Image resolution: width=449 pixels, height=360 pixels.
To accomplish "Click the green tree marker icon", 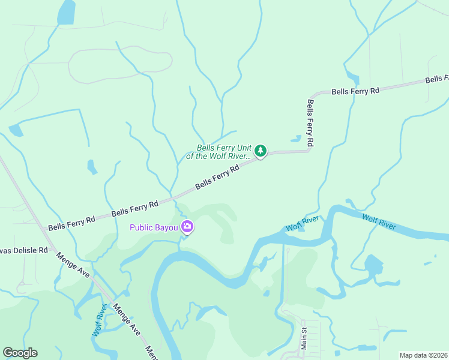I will point(260,151).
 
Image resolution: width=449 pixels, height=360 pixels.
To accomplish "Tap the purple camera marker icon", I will point(187,227).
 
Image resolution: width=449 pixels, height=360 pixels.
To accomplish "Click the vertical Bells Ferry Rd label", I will point(310,123).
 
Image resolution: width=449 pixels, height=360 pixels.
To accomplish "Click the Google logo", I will point(20,353).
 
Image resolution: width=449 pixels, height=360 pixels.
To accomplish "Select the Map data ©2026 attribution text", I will point(424,355).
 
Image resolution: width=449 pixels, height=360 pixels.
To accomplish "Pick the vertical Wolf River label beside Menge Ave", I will point(100,320).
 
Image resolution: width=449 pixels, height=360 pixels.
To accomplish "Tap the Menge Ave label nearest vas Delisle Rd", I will point(73,265).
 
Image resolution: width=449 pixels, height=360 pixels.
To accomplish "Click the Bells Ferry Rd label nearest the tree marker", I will point(217,178).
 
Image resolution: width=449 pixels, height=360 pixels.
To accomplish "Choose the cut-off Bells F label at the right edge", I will point(437,79).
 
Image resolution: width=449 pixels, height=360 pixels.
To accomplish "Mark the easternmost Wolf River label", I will point(379,221).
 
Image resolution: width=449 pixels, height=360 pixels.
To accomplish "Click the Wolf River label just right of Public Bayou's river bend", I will point(302,224).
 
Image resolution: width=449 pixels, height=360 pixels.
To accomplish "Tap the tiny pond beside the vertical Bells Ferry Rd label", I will point(295,139).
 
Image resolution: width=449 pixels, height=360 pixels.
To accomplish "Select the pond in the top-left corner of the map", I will point(66,12).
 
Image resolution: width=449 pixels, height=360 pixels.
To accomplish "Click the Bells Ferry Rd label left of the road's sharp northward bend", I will point(356,91).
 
